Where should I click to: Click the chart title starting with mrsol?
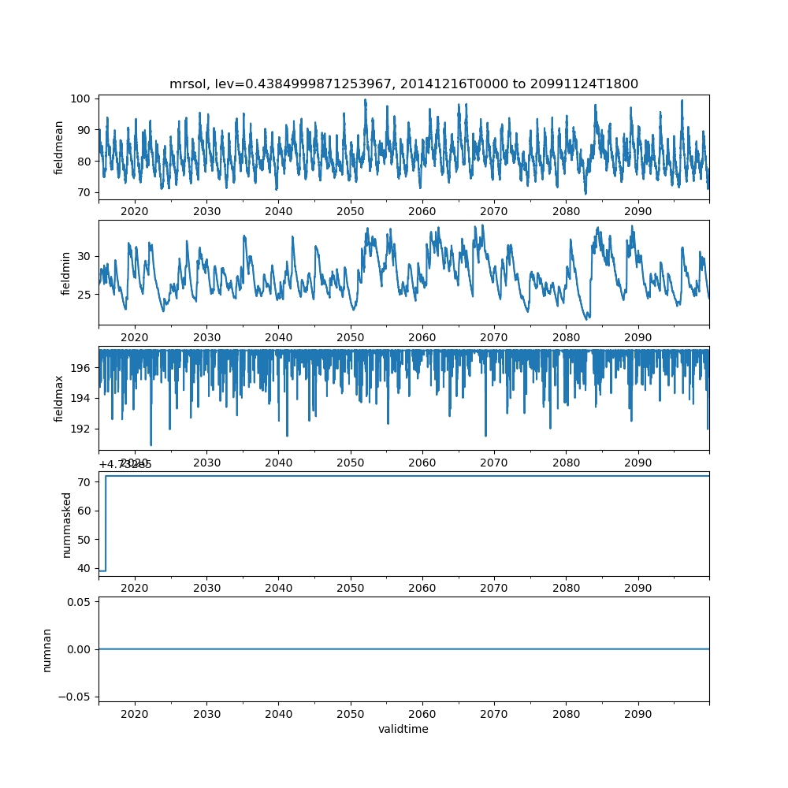tap(403, 84)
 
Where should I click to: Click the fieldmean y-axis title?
tap(58, 147)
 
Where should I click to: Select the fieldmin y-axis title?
tap(66, 273)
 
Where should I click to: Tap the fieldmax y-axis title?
tap(58, 398)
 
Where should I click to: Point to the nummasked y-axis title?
tap(67, 524)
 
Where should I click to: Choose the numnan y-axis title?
tap(47, 649)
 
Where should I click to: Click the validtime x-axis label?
tap(403, 729)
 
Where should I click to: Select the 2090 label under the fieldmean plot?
tap(637, 212)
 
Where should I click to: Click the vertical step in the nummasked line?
tap(106, 523)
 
